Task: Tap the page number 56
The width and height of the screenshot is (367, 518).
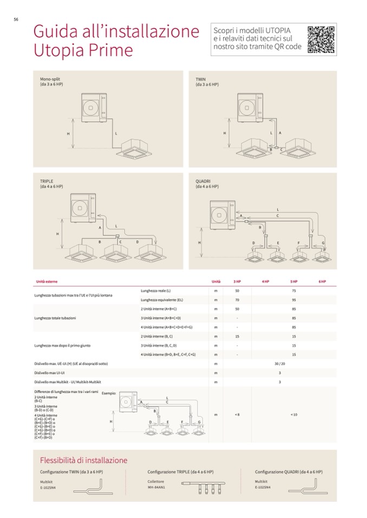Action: point(16,19)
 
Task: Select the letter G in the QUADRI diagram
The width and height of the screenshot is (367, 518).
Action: point(323,243)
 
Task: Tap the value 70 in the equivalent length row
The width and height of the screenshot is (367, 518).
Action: point(237,300)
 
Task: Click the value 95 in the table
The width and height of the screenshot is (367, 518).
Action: point(294,300)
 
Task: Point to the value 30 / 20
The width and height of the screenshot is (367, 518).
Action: point(279,364)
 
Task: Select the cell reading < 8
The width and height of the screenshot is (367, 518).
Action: point(237,414)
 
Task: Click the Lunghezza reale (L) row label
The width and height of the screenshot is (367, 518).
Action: point(156,291)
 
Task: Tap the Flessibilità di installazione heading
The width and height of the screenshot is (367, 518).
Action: point(84,460)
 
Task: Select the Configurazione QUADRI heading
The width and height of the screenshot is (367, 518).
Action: point(289,472)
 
